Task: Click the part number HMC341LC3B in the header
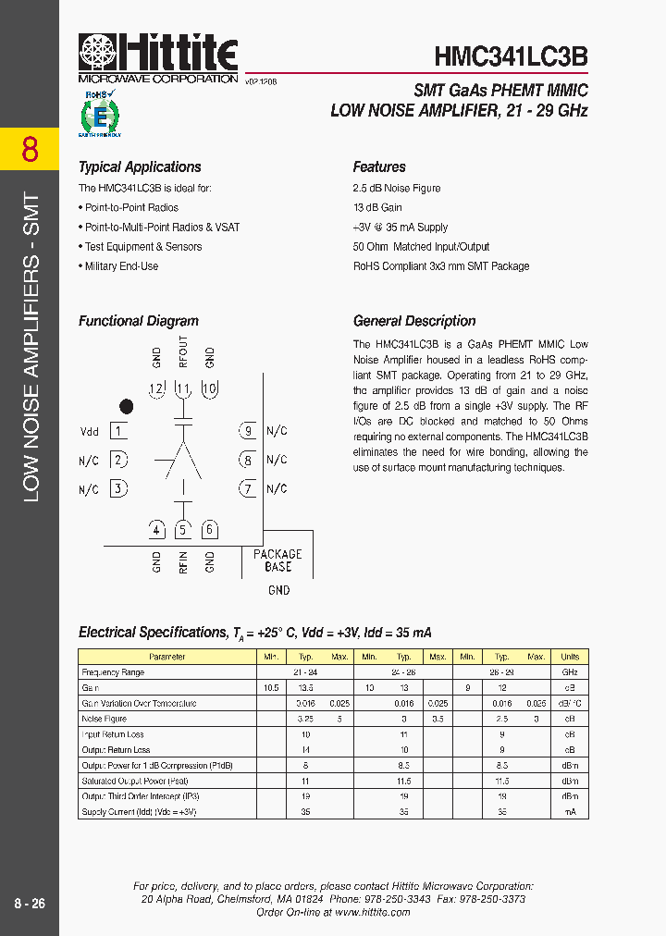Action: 511,55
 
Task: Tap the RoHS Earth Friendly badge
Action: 101,115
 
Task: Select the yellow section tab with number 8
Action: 30,149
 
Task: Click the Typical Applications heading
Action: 140,167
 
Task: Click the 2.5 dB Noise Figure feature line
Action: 397,189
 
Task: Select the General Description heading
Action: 414,322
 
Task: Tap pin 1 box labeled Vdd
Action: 118,430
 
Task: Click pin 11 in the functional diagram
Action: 183,388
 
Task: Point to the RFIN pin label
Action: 183,561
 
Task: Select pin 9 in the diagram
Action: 247,430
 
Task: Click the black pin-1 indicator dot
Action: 127,406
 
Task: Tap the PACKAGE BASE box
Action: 277,560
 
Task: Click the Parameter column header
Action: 166,657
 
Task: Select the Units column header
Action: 570,657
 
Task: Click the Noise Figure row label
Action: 105,719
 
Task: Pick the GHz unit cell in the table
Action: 570,672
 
